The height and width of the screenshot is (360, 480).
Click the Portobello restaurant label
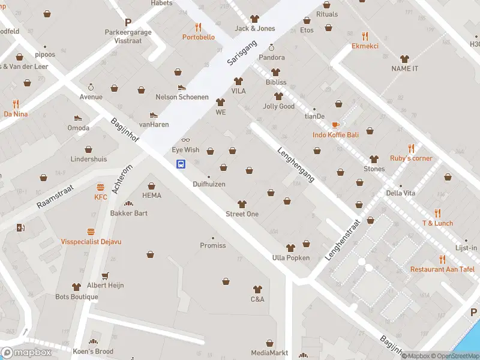pos(199,37)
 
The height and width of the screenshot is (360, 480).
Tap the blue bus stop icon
pos(180,163)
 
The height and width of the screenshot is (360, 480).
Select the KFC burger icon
pos(100,187)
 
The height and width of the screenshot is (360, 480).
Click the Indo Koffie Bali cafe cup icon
pos(335,125)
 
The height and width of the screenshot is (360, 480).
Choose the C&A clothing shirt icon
pos(257,289)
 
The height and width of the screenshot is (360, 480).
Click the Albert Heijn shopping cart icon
pos(105,275)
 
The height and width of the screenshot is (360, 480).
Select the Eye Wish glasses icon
pos(185,140)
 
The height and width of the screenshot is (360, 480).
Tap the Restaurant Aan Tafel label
pos(442,269)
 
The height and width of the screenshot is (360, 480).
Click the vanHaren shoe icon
pos(154,115)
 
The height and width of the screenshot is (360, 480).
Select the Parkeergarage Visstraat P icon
pos(127,22)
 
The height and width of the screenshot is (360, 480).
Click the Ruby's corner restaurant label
pos(411,158)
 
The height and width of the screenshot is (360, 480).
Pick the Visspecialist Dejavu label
pos(91,241)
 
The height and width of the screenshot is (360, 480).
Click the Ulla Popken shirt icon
pos(290,248)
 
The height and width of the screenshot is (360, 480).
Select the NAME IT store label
pos(404,68)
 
